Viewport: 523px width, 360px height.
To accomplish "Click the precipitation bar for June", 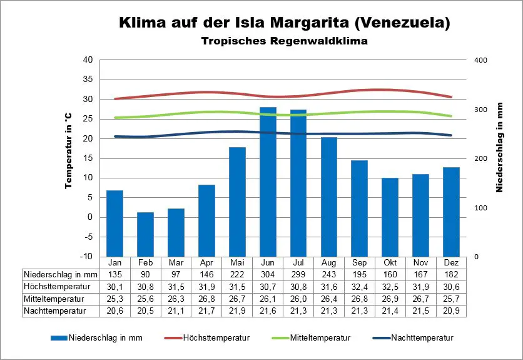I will pyautogui.click(x=268, y=182).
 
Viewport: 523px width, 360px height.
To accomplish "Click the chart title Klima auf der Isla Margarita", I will pyautogui.click(x=284, y=24).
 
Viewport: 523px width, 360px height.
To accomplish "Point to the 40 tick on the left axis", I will pyautogui.click(x=88, y=60).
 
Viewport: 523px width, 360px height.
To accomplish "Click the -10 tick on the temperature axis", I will pyautogui.click(x=86, y=257).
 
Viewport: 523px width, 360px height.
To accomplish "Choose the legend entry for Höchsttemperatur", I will pyautogui.click(x=216, y=338).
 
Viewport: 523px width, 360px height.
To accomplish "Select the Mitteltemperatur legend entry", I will pyautogui.click(x=320, y=338).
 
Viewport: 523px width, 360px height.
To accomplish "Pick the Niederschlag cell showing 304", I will pyautogui.click(x=268, y=274).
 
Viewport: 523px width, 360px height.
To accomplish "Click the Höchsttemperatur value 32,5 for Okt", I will pyautogui.click(x=390, y=286).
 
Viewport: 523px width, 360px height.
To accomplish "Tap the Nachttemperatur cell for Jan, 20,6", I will pyautogui.click(x=114, y=310).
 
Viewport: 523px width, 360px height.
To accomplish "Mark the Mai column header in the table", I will pyautogui.click(x=237, y=262).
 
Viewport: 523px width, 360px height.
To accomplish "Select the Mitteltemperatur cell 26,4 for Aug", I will pyautogui.click(x=328, y=298).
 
